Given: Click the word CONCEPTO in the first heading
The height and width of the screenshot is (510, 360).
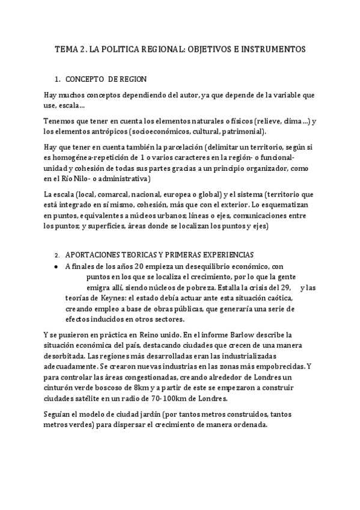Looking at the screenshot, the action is [x=86, y=79].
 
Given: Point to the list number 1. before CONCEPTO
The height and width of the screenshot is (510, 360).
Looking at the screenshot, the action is [x=57, y=79].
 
